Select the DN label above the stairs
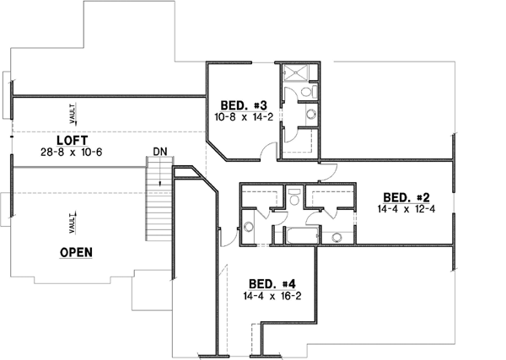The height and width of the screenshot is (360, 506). click(159, 152)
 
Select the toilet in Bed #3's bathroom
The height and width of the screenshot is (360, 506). click(310, 89)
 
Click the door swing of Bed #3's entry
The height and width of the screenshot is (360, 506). click(268, 152)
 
